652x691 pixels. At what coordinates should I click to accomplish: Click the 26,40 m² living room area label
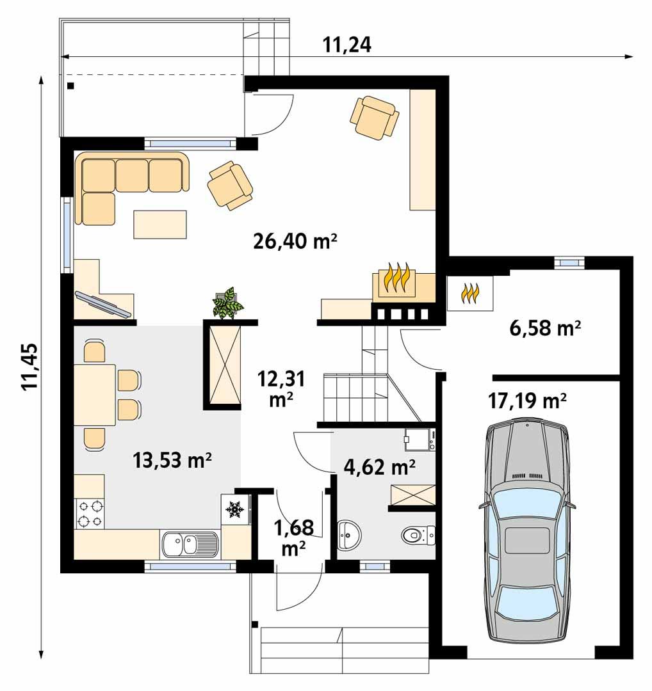coord(295,241)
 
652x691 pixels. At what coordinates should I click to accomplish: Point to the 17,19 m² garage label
coord(527,401)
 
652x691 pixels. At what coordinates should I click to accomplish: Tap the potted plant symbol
coord(227,304)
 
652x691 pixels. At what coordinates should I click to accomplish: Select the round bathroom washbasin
coord(348,534)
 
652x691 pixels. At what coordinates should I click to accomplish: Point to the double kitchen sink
coord(189,544)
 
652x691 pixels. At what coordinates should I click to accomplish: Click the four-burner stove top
coord(90,512)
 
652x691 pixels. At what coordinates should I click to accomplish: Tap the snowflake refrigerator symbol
coord(233,509)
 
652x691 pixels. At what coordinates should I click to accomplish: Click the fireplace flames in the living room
coord(395,279)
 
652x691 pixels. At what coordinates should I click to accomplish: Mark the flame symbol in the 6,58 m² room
coord(470,293)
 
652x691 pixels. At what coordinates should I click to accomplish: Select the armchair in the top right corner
coord(374,117)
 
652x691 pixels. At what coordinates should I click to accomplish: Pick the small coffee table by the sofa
coord(160,224)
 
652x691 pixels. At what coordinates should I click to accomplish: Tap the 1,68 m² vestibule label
coord(294,537)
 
